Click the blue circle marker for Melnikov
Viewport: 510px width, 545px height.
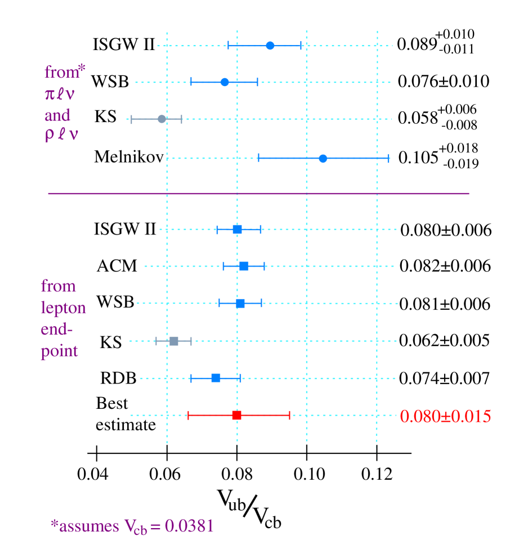click(x=323, y=159)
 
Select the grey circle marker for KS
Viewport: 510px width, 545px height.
click(x=162, y=119)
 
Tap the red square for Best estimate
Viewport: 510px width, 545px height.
click(x=236, y=415)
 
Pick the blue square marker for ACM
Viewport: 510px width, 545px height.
click(x=244, y=266)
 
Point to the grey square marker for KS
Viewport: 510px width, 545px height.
click(x=174, y=341)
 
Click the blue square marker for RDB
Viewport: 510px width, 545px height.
click(x=216, y=378)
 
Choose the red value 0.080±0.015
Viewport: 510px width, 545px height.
click(x=445, y=417)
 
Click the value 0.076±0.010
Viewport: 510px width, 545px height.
click(x=443, y=82)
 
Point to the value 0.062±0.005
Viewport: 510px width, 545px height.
click(x=444, y=341)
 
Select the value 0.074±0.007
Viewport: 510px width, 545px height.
click(x=444, y=379)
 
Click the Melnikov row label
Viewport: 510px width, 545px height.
click(x=129, y=157)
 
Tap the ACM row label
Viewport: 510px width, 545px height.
click(x=117, y=265)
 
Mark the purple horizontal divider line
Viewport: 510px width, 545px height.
click(x=258, y=193)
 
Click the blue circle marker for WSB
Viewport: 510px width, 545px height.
click(x=225, y=82)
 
